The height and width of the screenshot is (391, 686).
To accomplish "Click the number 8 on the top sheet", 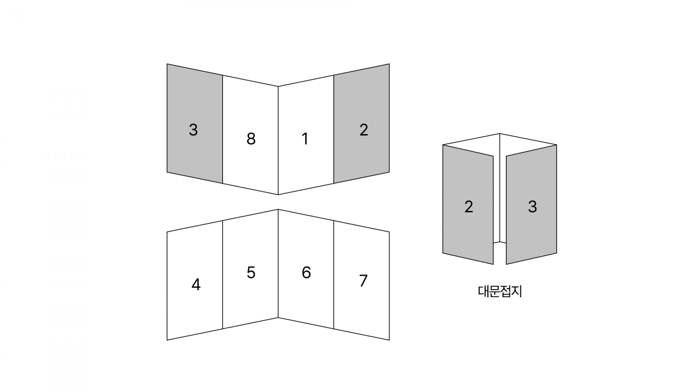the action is (251, 139).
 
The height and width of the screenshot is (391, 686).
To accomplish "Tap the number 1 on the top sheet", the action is (305, 139).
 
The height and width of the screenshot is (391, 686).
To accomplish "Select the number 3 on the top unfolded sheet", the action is (193, 130).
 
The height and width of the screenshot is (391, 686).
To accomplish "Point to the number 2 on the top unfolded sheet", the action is (363, 130).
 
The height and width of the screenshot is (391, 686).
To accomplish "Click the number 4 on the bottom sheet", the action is (196, 285).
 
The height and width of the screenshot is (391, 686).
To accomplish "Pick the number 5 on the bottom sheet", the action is (251, 273).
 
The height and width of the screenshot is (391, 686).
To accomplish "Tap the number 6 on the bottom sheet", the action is (306, 273).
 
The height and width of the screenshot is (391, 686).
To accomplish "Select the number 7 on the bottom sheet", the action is (363, 281).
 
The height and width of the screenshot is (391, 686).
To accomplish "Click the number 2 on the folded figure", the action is (468, 207).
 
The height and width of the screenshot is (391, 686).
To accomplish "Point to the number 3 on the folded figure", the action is (532, 207).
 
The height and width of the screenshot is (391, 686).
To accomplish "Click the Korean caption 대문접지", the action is (500, 292).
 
